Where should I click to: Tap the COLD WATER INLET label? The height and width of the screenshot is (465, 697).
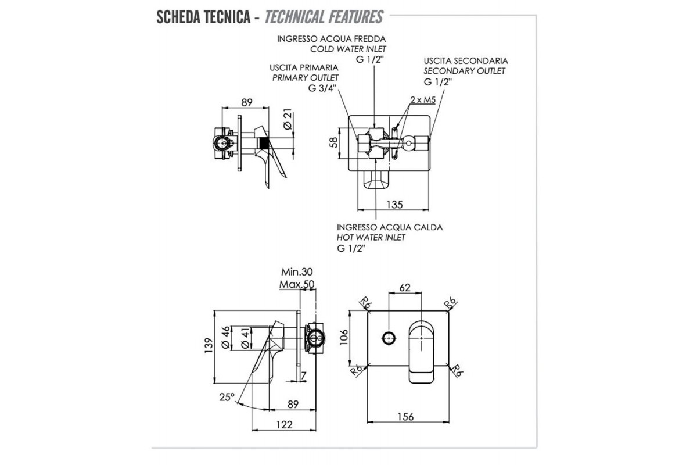[x=357, y=49]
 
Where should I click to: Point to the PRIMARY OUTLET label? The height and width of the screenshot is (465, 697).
[x=306, y=77]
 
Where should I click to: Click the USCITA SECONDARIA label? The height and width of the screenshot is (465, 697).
[x=466, y=60]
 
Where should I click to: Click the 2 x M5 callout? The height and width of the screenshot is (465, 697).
[x=422, y=100]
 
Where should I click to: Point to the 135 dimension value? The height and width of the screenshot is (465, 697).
[x=394, y=205]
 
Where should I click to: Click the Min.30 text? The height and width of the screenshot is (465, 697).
[x=298, y=272]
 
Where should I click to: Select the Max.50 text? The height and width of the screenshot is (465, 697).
[x=297, y=284]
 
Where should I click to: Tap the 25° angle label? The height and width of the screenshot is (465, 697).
[x=227, y=397]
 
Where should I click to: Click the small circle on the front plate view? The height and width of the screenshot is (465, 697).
[x=389, y=337]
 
